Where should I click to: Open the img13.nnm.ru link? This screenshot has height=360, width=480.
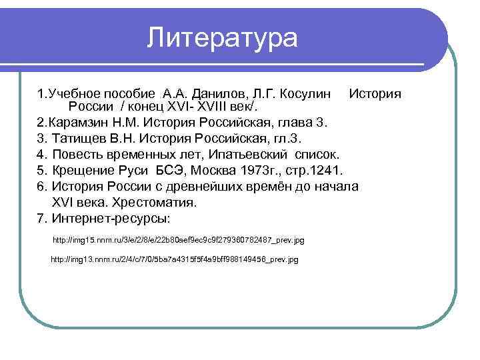pyautogui.click(x=175, y=259)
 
